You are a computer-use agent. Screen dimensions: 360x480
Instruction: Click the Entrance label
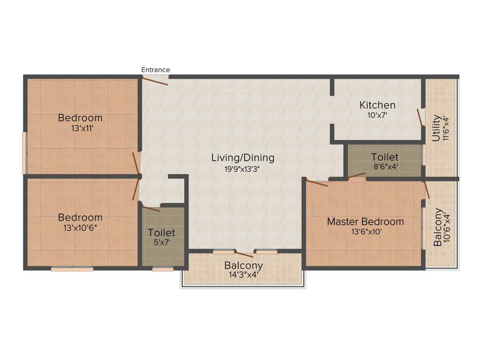(156, 70)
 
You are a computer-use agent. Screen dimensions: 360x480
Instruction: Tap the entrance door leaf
(155, 81)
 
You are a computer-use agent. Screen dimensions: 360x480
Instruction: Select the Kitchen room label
(377, 105)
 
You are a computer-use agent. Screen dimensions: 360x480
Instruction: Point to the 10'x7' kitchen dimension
(377, 114)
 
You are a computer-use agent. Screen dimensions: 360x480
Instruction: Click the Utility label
(436, 129)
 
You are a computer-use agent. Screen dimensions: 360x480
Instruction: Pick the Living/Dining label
(242, 157)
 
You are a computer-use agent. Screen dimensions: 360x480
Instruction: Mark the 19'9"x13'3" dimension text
(242, 169)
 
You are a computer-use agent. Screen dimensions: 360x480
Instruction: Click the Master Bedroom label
(365, 221)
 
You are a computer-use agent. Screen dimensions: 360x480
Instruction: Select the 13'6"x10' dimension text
(365, 231)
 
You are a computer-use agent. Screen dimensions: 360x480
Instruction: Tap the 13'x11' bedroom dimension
(80, 127)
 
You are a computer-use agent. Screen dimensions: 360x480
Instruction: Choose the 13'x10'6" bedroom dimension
(80, 227)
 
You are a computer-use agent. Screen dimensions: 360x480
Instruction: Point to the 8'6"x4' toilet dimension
(385, 166)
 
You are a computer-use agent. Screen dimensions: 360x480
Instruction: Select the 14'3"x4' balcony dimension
(243, 275)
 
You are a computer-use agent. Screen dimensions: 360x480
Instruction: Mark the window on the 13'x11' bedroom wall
(25, 153)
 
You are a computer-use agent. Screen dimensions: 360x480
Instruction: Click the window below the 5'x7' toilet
(163, 269)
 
